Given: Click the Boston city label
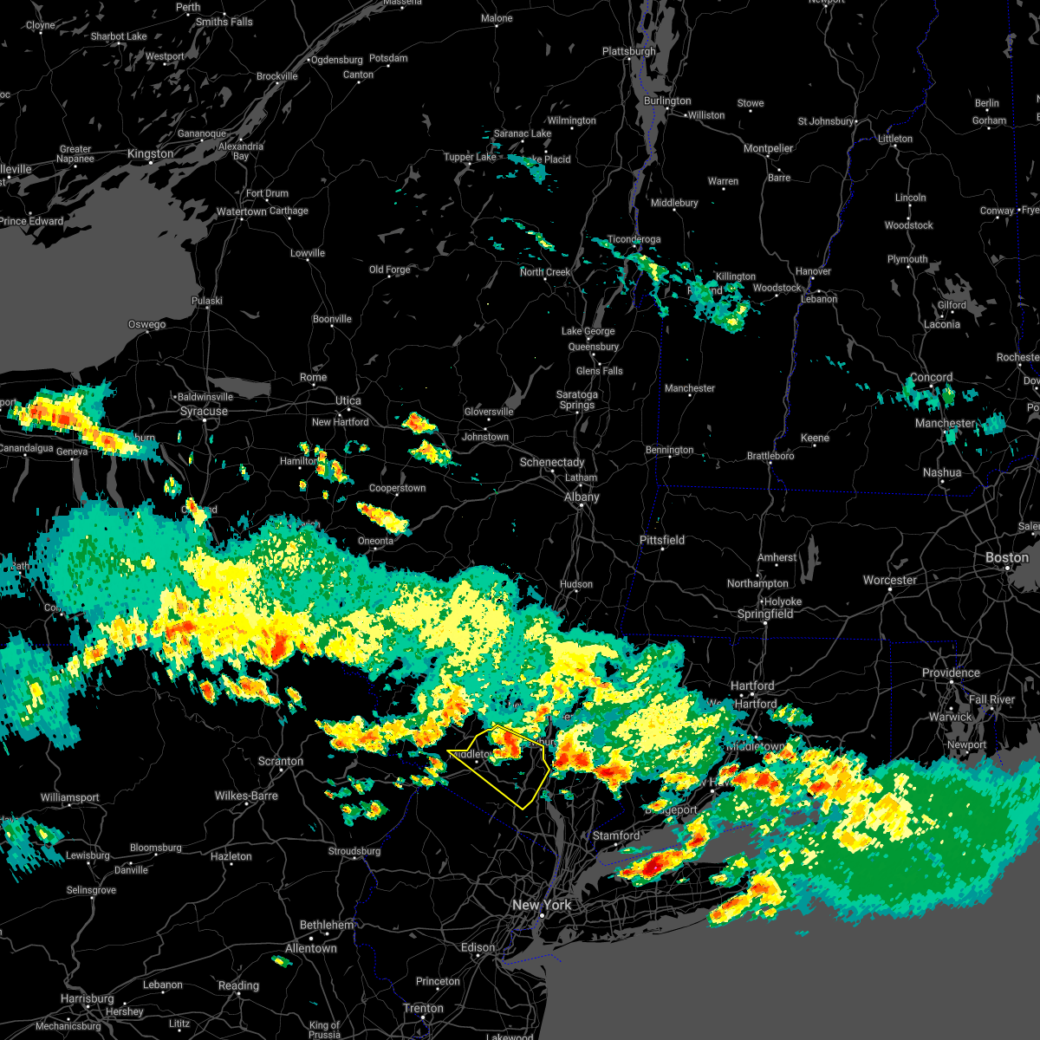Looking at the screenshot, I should (1007, 557).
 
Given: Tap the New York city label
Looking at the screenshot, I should (542, 905).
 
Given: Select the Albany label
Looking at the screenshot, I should (582, 497).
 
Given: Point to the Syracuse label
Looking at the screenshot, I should (204, 411).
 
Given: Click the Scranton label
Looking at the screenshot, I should (281, 762).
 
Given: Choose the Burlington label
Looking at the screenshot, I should (667, 101).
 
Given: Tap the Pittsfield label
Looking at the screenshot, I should (662, 540).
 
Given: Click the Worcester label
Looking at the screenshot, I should (890, 580).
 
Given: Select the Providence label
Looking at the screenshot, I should (951, 673).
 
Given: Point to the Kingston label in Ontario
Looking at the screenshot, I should (151, 154).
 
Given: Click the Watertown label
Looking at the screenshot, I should (242, 211).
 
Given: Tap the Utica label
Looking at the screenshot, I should (348, 400).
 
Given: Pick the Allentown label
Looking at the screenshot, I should (311, 948).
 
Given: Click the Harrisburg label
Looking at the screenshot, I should (87, 998).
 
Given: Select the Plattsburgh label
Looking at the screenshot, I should (629, 52).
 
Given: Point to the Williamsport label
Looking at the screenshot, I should (70, 797).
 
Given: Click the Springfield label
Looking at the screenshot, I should (765, 614).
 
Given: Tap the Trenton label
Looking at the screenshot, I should (424, 1008).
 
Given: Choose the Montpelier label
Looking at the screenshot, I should (769, 148).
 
